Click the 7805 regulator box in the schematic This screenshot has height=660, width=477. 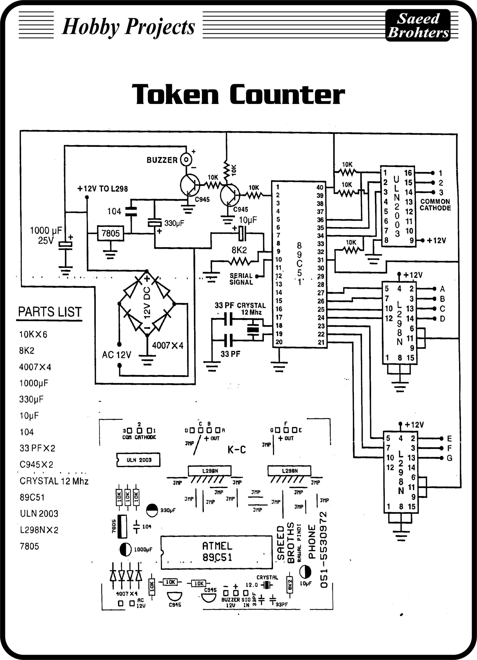[x=110, y=233]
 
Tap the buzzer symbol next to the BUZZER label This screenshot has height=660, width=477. [x=186, y=160]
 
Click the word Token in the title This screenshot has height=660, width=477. [x=175, y=94]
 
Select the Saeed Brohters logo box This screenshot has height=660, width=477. [x=418, y=25]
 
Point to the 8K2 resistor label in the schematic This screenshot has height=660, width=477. [x=239, y=250]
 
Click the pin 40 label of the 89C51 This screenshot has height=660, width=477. [x=320, y=187]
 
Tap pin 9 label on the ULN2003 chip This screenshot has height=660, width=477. [x=411, y=240]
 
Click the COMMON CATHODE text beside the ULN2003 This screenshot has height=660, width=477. [x=435, y=205]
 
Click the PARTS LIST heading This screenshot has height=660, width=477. [x=50, y=312]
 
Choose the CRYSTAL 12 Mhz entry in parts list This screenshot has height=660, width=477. [x=54, y=481]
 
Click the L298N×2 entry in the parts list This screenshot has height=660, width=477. [x=39, y=530]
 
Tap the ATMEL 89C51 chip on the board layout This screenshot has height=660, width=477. [x=217, y=552]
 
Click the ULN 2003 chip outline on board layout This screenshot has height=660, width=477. [x=138, y=460]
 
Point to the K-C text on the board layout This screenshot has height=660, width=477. [x=237, y=450]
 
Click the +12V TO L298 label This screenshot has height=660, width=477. [x=102, y=188]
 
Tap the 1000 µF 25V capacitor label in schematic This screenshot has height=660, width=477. [x=46, y=235]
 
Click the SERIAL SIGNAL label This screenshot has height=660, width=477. [x=241, y=279]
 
